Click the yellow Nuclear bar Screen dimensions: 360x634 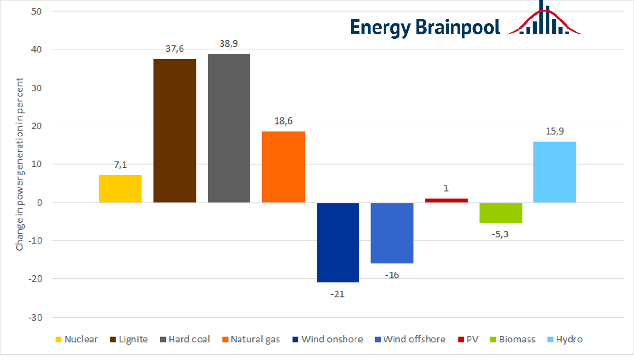(x=120, y=189)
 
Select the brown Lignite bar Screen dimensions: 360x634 (x=174, y=131)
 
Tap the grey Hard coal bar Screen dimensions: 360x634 (x=229, y=128)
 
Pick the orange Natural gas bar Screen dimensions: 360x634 (x=283, y=167)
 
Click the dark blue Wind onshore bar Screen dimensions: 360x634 (x=337, y=243)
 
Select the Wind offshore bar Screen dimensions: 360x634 (x=392, y=233)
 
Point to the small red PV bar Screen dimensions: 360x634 (x=446, y=200)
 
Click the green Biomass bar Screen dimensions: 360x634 (x=500, y=213)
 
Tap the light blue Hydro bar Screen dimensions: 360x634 (x=555, y=172)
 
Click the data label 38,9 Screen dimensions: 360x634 (x=229, y=44)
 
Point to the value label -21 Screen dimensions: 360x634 (x=337, y=294)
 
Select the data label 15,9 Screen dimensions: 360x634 (x=555, y=131)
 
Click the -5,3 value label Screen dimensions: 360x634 (x=500, y=234)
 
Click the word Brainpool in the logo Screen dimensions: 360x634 (x=458, y=27)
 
